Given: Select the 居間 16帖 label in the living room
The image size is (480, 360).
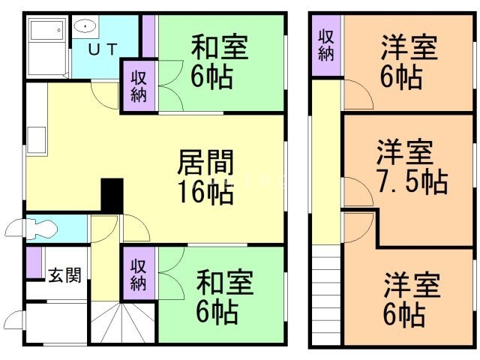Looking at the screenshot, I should tap(205, 178).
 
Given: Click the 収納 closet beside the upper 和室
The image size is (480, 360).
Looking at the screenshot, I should tap(139, 87).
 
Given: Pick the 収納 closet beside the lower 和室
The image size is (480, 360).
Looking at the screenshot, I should tap(139, 274).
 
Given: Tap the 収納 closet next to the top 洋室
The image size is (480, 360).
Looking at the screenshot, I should tap(326, 44).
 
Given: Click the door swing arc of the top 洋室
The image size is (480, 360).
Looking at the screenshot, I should tap(358, 95).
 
